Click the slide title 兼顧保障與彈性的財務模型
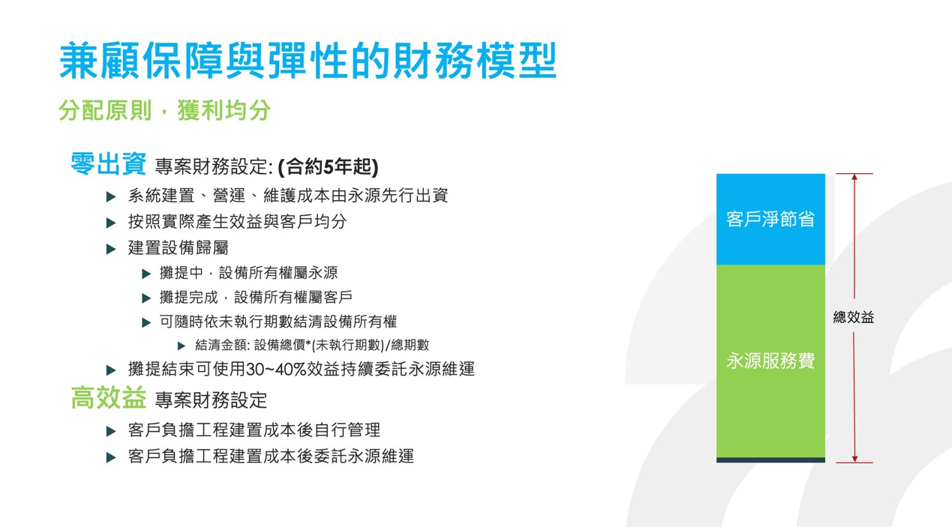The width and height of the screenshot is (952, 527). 308,61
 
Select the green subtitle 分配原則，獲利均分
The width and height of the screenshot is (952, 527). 164,110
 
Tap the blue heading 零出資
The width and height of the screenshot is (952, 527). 108,163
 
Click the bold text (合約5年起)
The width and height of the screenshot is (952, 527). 328,166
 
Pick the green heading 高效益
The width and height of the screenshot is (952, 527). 108,398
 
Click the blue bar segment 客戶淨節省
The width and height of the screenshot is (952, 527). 770,219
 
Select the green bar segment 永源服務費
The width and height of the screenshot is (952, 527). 770,361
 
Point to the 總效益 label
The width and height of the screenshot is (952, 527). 854,317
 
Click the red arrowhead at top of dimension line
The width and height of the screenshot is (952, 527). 854,177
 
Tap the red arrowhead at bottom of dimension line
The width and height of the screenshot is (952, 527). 854,459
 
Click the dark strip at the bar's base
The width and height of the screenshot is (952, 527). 770,460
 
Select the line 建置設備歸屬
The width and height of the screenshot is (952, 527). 179,247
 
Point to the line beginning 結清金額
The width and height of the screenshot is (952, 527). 312,345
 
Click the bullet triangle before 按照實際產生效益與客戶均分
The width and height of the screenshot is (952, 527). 111,223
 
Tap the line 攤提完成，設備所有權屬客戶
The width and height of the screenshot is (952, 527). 256,298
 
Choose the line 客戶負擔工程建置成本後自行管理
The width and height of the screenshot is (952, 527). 254,430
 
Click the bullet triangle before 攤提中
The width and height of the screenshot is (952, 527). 146,274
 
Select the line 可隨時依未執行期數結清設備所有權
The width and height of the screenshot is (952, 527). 278,322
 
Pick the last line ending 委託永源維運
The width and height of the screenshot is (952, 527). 271,456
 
